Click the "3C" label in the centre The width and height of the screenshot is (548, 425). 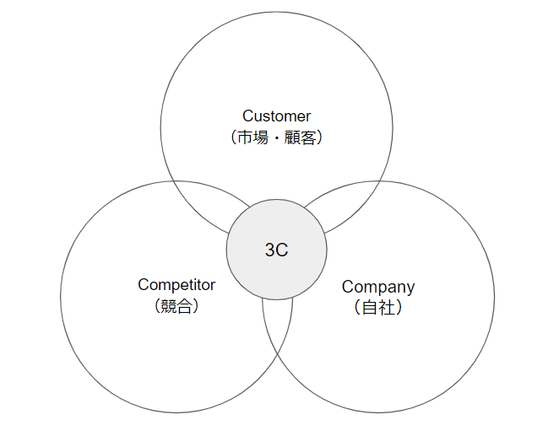coord(276,250)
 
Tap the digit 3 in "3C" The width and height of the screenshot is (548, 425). coord(270,250)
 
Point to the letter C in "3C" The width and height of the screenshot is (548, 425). coord(282,250)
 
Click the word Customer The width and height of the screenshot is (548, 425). coord(276,116)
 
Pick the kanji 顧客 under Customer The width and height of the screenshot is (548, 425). coord(298,137)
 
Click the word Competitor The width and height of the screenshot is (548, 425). coord(176,285)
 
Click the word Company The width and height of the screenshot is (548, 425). coord(378,287)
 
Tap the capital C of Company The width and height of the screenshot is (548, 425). coord(347,287)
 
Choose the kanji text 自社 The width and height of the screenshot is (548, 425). coord(377,308)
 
